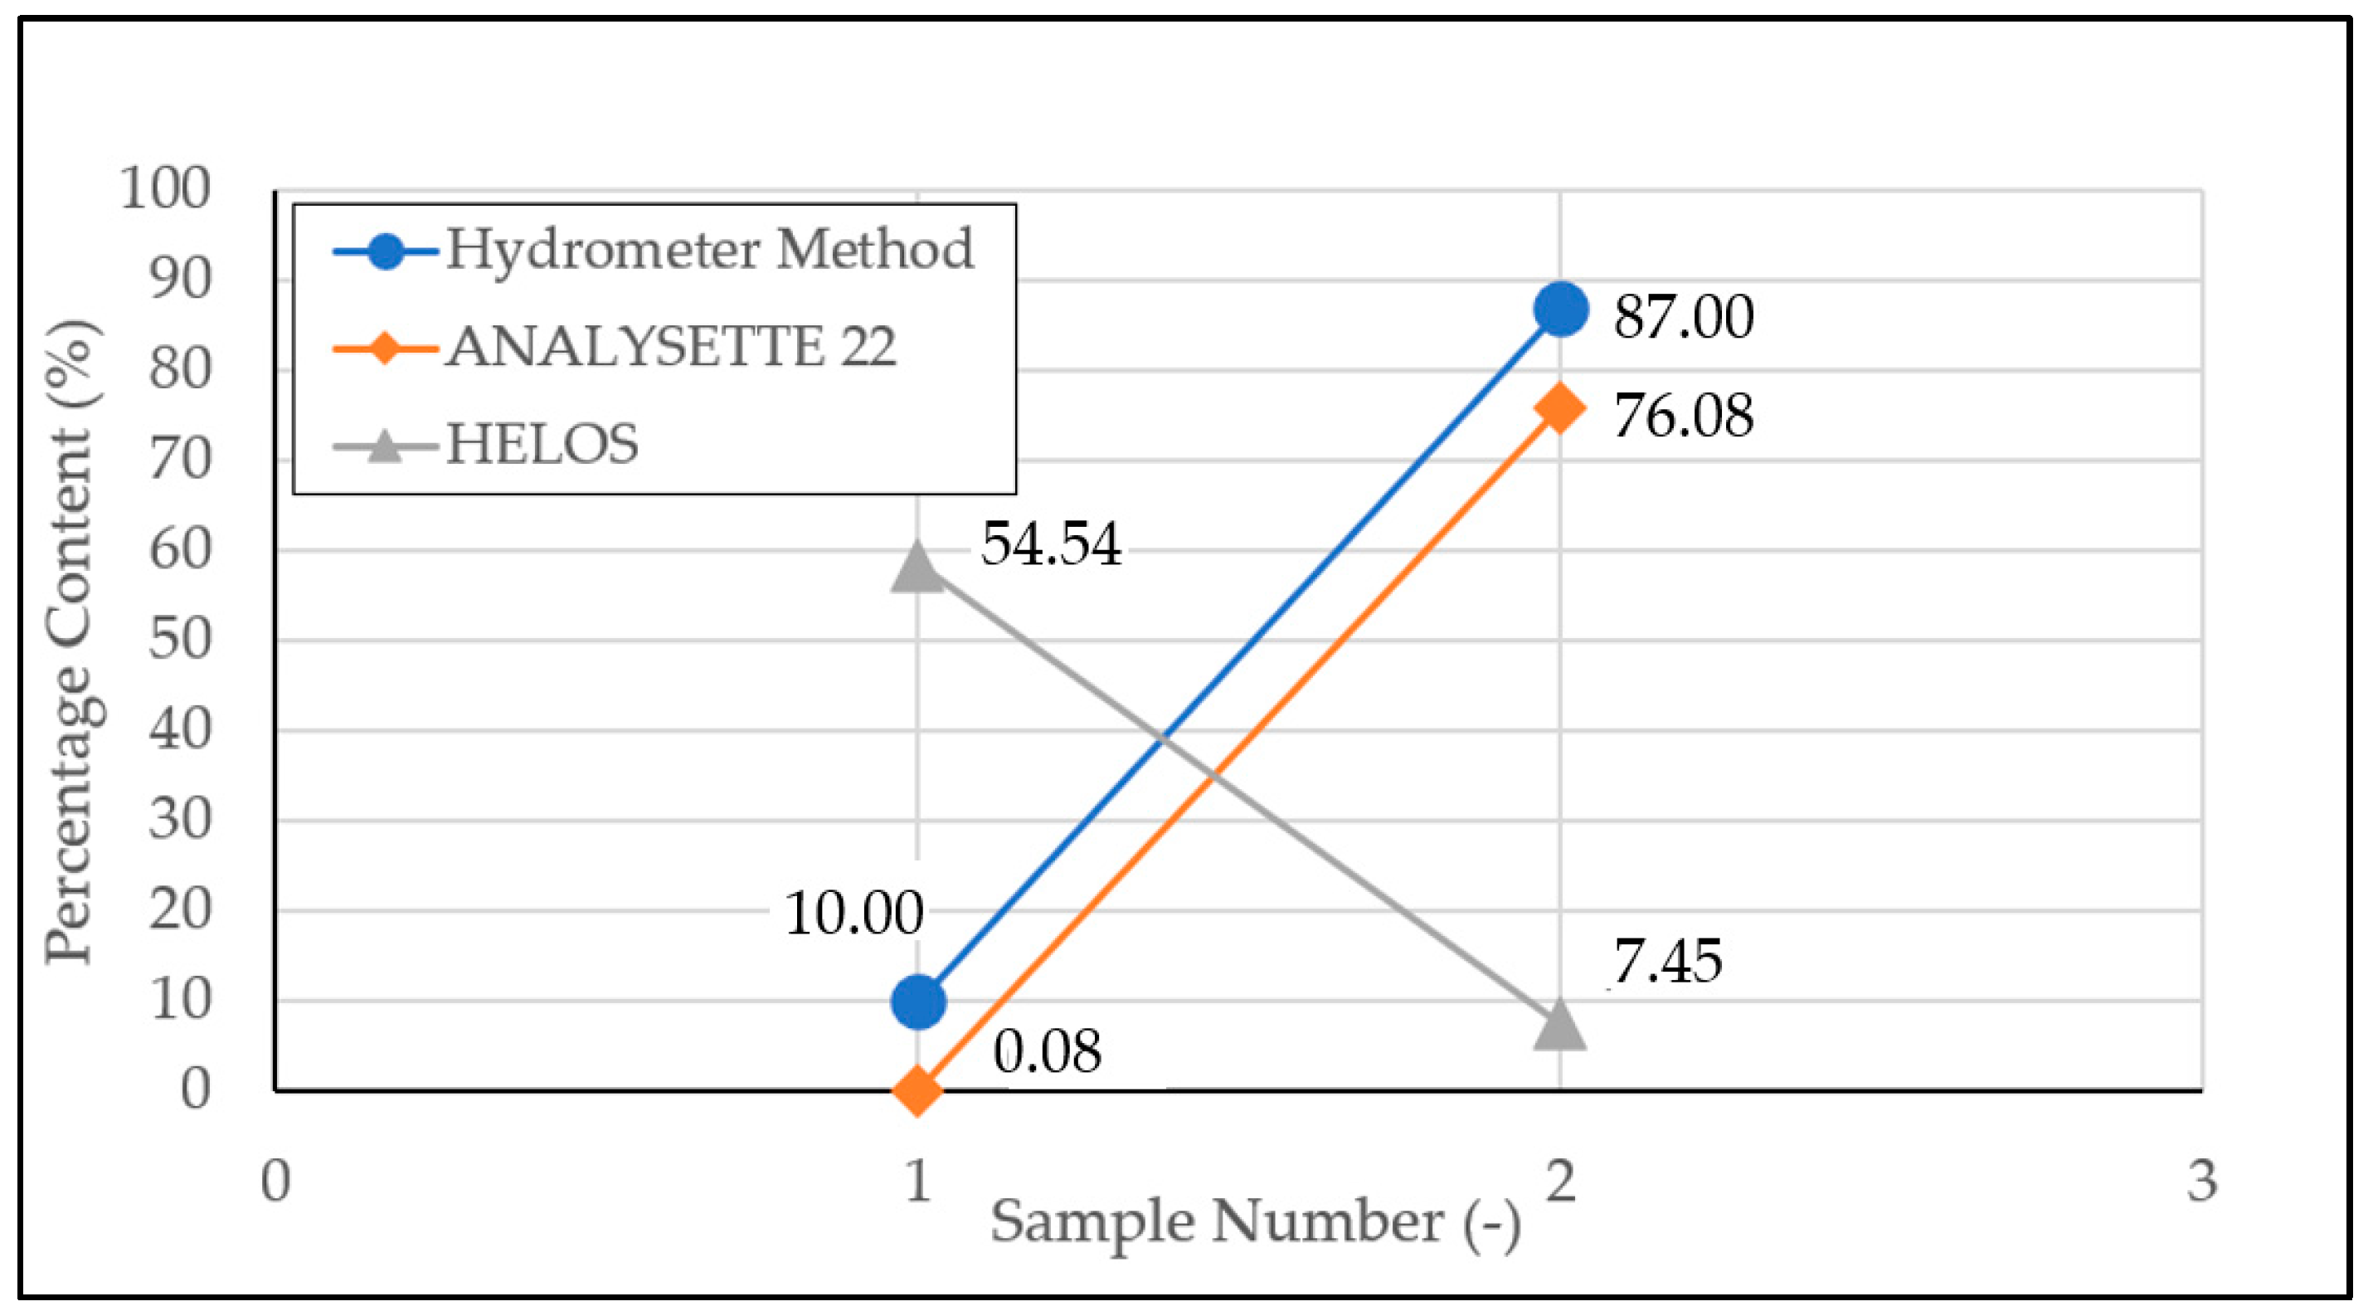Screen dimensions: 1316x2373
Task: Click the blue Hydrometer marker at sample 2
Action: pos(1560,310)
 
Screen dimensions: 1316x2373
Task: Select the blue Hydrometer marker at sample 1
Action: pos(917,1002)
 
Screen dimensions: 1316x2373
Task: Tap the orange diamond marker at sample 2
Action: pos(1560,408)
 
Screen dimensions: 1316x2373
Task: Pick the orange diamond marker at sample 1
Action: pos(917,1090)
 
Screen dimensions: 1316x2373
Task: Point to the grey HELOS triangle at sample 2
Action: pos(1560,1025)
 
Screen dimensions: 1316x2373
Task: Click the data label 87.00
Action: pos(1683,316)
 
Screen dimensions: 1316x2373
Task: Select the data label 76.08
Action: pos(1683,415)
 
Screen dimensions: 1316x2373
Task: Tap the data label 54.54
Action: pos(1050,543)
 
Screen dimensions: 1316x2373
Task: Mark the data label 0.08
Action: pos(1047,1051)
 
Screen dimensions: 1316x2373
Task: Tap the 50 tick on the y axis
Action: pos(181,639)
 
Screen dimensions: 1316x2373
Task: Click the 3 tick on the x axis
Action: pos(2201,1181)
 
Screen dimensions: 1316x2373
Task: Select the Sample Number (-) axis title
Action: pos(1255,1223)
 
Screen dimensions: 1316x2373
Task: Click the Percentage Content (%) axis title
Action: pos(72,641)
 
